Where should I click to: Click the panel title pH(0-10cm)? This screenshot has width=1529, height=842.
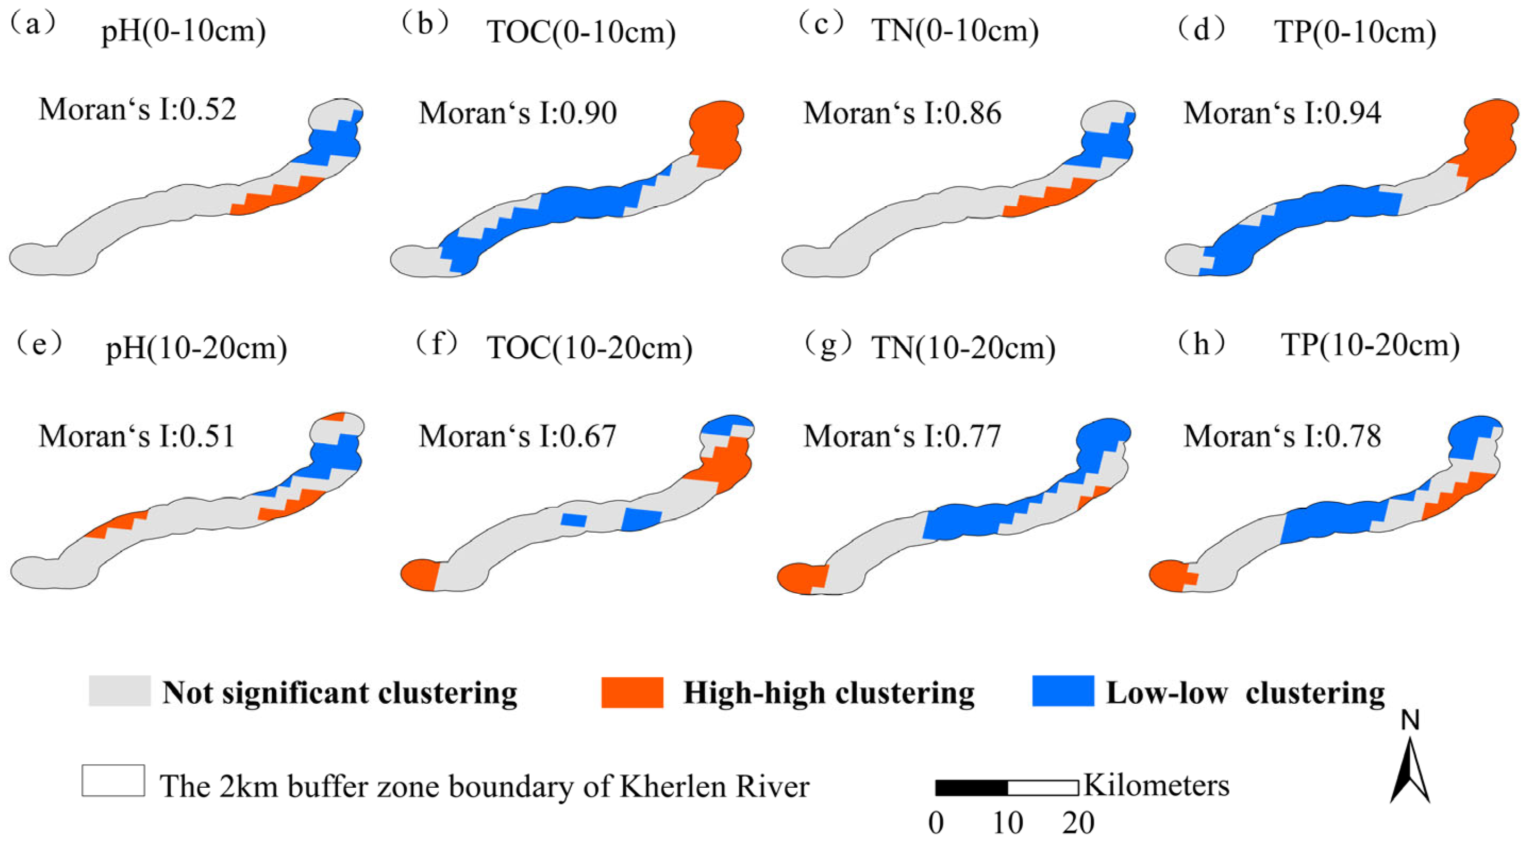pyautogui.click(x=183, y=31)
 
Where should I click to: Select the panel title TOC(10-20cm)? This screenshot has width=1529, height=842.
pyautogui.click(x=589, y=348)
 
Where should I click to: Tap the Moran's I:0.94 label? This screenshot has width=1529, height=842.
pyautogui.click(x=1283, y=113)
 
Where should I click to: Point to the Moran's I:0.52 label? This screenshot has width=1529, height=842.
pyautogui.click(x=138, y=109)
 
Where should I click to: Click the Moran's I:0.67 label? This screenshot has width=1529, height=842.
pyautogui.click(x=517, y=436)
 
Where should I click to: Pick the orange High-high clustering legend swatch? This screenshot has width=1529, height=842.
pyautogui.click(x=632, y=692)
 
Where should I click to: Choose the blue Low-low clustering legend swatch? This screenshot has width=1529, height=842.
pyautogui.click(x=1063, y=691)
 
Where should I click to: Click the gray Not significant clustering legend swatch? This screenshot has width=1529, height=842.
pyautogui.click(x=119, y=691)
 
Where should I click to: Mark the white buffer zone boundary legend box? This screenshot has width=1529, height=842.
pyautogui.click(x=113, y=780)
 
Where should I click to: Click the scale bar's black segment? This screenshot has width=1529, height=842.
pyautogui.click(x=972, y=788)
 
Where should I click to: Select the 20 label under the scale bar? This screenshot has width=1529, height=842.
pyautogui.click(x=1079, y=823)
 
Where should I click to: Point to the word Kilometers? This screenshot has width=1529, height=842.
pyautogui.click(x=1157, y=785)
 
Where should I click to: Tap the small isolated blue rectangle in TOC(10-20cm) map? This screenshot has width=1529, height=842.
pyautogui.click(x=574, y=520)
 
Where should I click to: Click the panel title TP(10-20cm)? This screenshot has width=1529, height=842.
pyautogui.click(x=1370, y=346)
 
